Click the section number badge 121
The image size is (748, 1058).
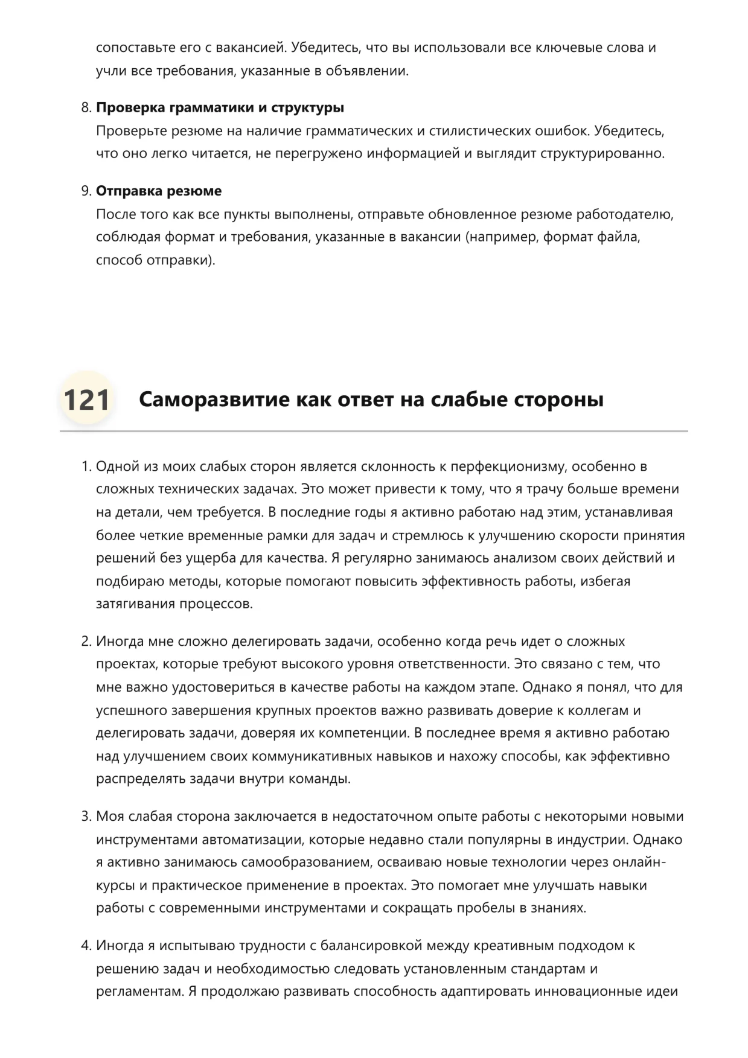click(86, 400)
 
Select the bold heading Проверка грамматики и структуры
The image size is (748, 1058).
click(220, 108)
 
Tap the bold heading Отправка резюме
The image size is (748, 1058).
click(159, 191)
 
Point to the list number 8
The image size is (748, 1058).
click(85, 108)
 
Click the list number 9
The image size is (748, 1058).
click(85, 191)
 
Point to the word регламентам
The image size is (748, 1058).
click(138, 992)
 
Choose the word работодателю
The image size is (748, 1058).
click(624, 215)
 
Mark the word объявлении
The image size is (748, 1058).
click(367, 71)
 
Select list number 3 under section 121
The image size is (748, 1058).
click(85, 817)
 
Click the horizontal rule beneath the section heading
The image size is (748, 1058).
click(374, 432)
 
